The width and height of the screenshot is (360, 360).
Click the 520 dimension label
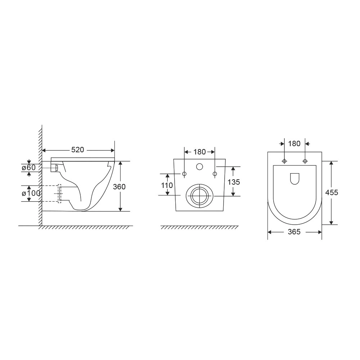pyautogui.click(x=78, y=150)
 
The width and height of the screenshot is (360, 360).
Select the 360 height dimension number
pyautogui.click(x=119, y=186)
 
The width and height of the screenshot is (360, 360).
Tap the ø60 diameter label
pyautogui.click(x=29, y=168)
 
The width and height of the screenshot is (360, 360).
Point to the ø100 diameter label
pyautogui.click(x=31, y=193)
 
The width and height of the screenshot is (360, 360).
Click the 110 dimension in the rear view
pyautogui.click(x=167, y=185)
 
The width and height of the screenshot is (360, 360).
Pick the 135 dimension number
pyautogui.click(x=234, y=182)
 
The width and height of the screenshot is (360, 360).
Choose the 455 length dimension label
pyautogui.click(x=332, y=192)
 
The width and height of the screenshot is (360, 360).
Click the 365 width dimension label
pyautogui.click(x=294, y=232)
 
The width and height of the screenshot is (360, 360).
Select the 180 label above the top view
pyautogui.click(x=294, y=144)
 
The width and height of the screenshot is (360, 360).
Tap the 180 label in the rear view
pyautogui.click(x=199, y=152)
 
